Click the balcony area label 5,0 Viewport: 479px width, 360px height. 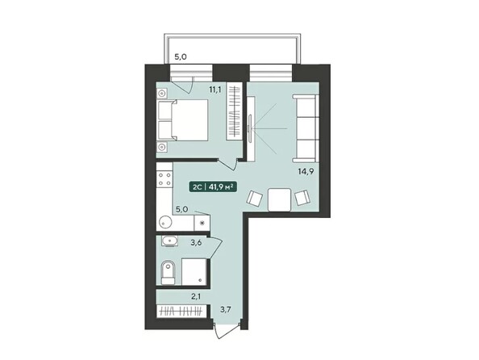point(181,57)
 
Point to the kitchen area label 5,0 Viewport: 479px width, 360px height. point(182,208)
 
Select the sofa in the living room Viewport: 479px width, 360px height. point(306,128)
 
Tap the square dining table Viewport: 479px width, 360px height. point(279,198)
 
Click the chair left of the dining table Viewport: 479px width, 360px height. point(255,197)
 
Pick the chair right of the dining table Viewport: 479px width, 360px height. point(303,197)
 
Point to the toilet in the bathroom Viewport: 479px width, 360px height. point(167,273)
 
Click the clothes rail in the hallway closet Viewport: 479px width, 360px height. point(181,312)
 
